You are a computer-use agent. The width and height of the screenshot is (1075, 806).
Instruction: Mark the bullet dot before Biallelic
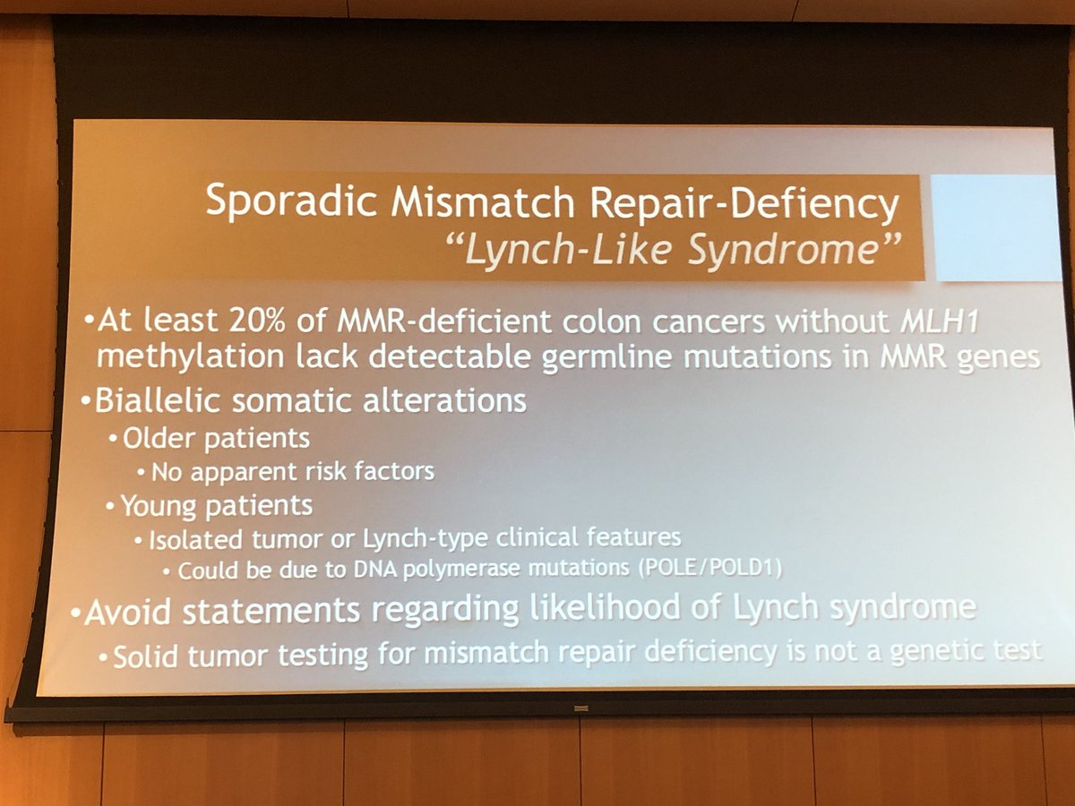pyautogui.click(x=87, y=403)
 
